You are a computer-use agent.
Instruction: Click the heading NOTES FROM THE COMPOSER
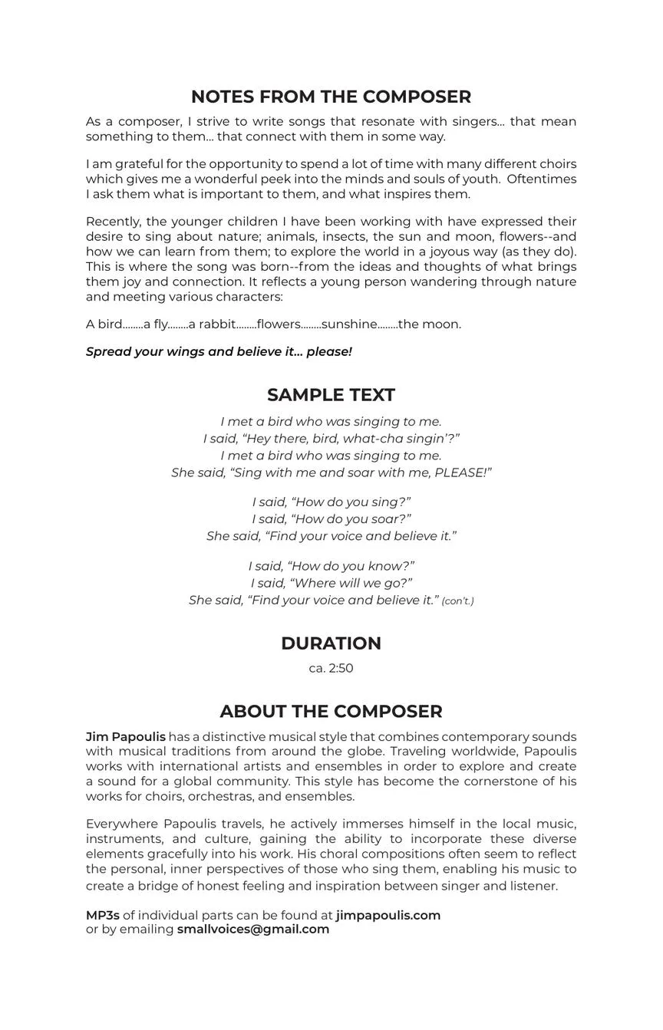(x=331, y=97)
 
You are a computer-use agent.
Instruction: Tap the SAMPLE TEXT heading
(x=331, y=395)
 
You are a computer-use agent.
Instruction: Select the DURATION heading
(x=331, y=643)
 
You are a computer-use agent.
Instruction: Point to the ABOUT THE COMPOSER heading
(x=331, y=712)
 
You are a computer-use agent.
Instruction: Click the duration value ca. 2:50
(x=331, y=668)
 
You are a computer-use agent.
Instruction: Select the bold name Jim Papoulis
(x=126, y=737)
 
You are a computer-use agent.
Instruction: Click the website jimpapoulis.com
(x=388, y=915)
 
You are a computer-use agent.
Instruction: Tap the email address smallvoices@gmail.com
(x=253, y=930)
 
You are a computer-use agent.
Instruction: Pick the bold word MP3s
(x=103, y=915)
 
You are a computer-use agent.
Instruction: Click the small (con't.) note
(x=458, y=601)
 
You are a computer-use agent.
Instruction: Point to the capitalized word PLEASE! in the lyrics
(x=463, y=472)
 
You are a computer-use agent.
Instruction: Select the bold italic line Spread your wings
(x=219, y=352)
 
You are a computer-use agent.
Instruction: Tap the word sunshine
(x=349, y=324)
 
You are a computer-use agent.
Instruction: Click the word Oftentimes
(x=542, y=179)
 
